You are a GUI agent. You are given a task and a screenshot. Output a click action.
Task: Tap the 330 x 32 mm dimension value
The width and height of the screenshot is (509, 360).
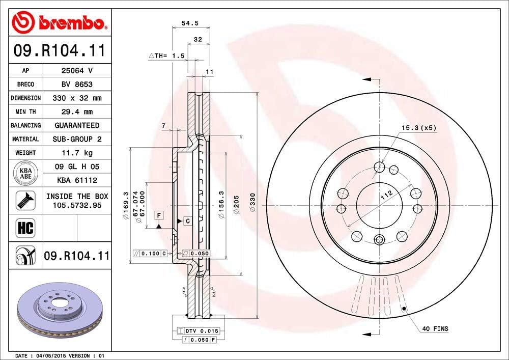[77, 98]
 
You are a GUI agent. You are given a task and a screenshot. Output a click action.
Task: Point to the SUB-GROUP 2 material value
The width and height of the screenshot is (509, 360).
[77, 139]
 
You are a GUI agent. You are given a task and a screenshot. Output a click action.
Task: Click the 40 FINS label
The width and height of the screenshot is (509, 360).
[435, 329]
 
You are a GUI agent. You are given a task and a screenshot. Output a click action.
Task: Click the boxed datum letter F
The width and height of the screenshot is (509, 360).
[159, 215]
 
